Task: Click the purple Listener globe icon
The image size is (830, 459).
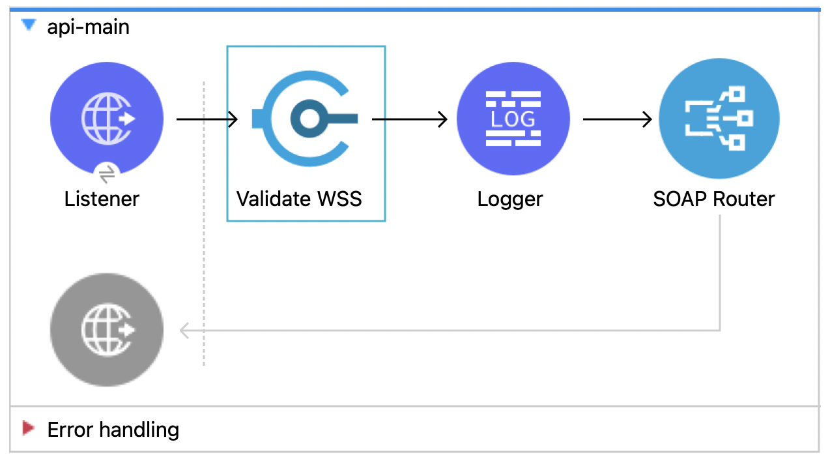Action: [x=107, y=119]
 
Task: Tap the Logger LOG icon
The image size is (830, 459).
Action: [x=513, y=119]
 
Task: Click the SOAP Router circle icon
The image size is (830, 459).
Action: [x=719, y=119]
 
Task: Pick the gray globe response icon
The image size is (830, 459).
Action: [x=107, y=330]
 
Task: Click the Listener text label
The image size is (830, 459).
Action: [x=102, y=199]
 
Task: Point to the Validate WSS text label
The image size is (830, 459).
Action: [x=299, y=199]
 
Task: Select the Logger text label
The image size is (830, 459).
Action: [x=510, y=199]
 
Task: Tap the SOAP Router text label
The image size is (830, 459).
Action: [x=714, y=199]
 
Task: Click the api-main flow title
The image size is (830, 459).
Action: [x=88, y=27]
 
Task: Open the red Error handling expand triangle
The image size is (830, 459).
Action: [x=28, y=428]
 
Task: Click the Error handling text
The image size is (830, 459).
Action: [x=113, y=430]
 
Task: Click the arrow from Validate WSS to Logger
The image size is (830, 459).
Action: [x=410, y=119]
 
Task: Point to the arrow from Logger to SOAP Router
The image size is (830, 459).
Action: [x=617, y=119]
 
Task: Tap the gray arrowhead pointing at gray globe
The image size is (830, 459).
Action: [x=184, y=331]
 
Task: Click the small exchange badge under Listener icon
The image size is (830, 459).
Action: [x=107, y=173]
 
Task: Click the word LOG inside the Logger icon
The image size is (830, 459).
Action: [x=513, y=119]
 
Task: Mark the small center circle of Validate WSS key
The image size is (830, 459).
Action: [x=309, y=119]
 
